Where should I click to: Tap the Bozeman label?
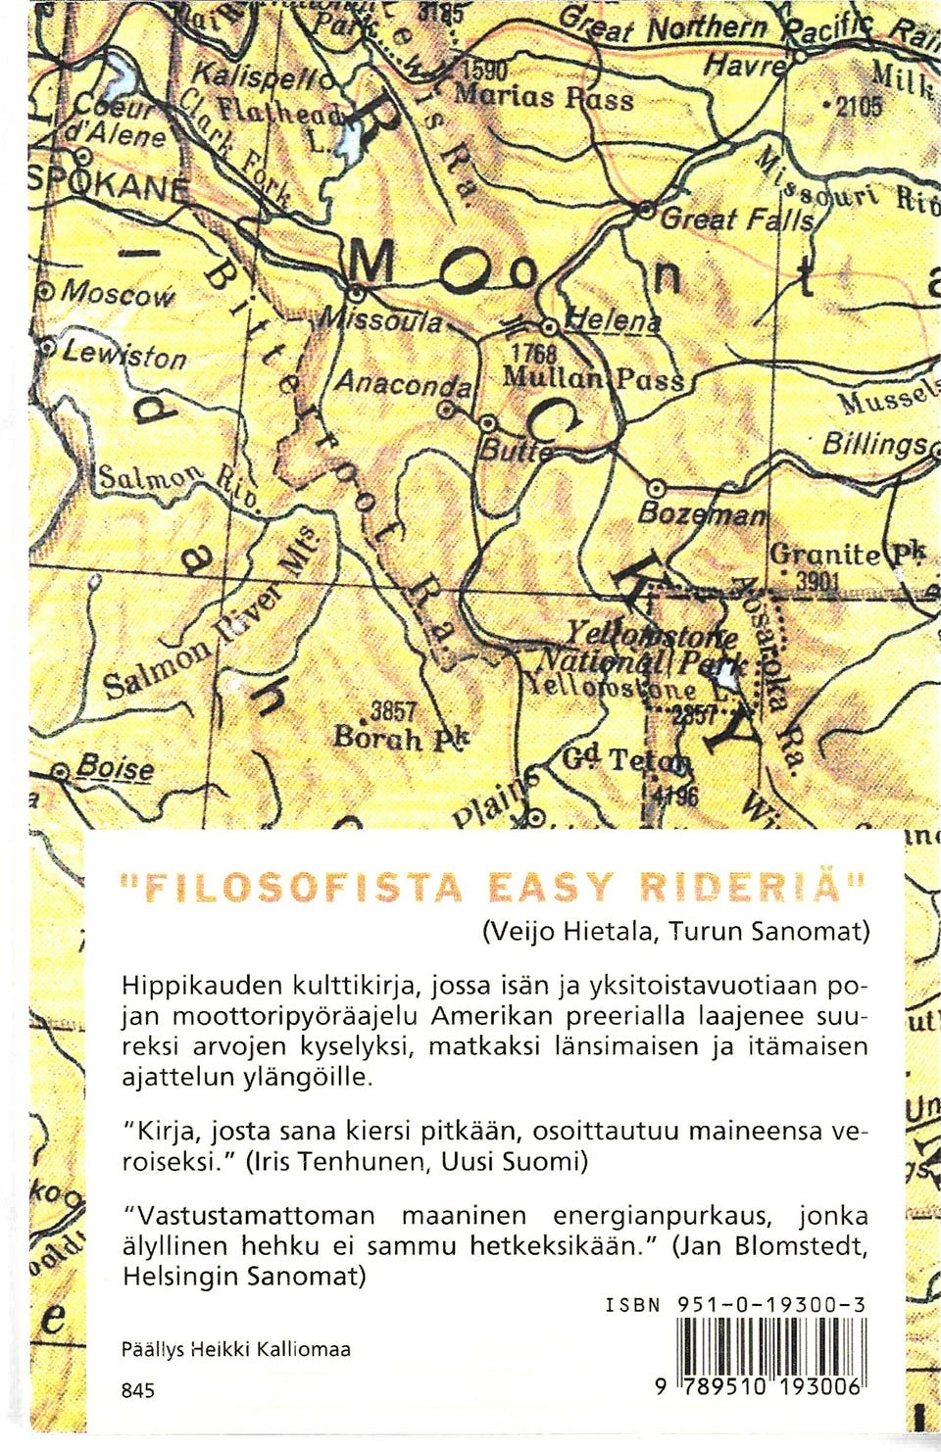point(700,514)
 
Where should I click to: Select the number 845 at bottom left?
point(137,1390)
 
